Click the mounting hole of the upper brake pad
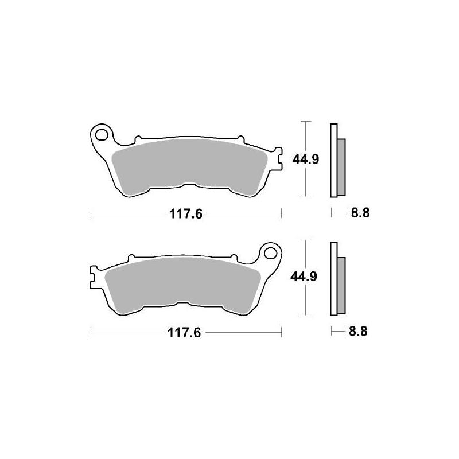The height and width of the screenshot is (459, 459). [x=102, y=135]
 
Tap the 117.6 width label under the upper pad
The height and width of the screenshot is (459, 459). [x=186, y=215]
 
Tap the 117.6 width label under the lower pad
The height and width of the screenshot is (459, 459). [x=186, y=333]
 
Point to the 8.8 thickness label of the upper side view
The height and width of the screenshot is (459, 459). [x=359, y=213]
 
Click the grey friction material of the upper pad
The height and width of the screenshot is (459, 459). [x=189, y=166]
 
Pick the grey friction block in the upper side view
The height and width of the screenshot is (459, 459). [x=341, y=166]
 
